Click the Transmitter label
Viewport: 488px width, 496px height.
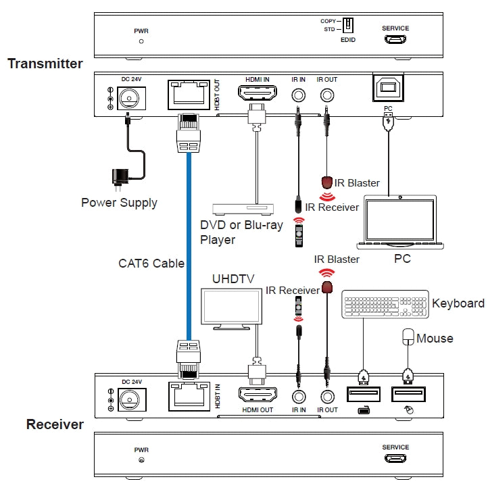click(45, 64)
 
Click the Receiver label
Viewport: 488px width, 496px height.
click(55, 424)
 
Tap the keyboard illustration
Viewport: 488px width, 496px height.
click(385, 304)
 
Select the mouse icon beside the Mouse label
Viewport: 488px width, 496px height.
click(407, 337)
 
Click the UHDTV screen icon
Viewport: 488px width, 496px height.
click(232, 308)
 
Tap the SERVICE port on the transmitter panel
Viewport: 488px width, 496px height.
click(395, 40)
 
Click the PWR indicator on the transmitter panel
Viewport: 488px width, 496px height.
click(141, 41)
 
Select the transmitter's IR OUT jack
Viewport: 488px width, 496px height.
click(328, 95)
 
